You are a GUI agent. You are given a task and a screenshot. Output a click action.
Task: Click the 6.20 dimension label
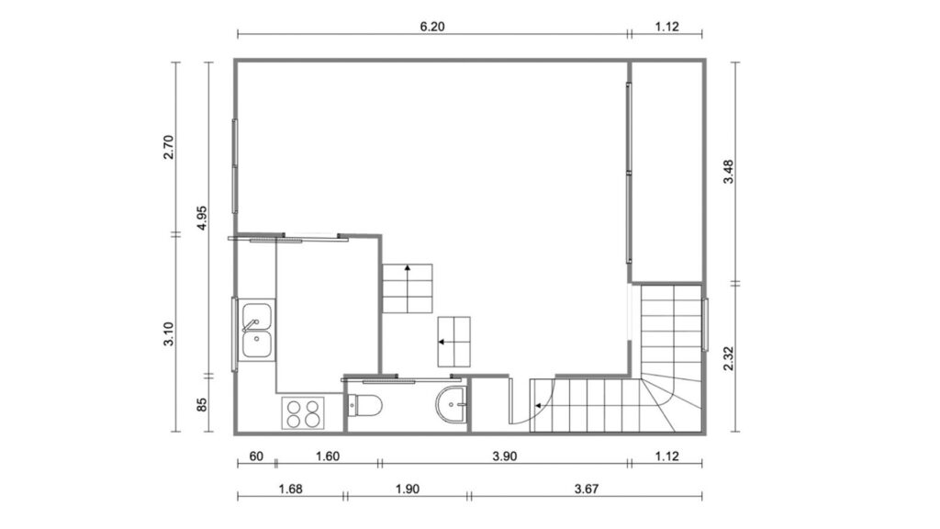[x=432, y=27]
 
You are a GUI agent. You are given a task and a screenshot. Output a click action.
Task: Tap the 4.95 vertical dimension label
[x=201, y=218]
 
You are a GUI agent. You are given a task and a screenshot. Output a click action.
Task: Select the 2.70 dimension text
[x=169, y=147]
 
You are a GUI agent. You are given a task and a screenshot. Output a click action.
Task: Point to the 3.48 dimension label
[x=728, y=172]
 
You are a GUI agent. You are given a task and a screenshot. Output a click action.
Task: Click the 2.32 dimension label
[x=728, y=359]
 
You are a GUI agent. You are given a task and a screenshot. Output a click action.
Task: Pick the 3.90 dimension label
[x=504, y=456]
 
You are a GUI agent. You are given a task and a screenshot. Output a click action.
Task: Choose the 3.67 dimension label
[x=587, y=489]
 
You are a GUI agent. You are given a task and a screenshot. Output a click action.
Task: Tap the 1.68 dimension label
[x=290, y=489]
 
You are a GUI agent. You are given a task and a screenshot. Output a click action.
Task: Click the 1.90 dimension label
[x=407, y=489]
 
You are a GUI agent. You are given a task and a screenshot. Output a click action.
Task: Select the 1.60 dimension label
[x=328, y=456]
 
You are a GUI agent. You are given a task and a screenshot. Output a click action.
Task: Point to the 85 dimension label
[x=201, y=405]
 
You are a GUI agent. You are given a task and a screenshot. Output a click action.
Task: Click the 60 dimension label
[x=256, y=456]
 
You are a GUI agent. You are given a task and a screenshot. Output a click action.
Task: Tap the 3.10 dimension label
[x=169, y=334]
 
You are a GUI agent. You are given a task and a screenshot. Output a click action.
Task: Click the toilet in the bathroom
[x=365, y=406]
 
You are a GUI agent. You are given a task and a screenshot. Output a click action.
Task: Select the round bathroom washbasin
[x=452, y=404]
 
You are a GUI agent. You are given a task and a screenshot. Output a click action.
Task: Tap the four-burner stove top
[x=303, y=413]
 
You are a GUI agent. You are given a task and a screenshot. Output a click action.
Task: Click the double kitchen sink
[x=257, y=331]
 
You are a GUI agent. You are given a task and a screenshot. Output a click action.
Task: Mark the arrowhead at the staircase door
[x=538, y=406]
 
